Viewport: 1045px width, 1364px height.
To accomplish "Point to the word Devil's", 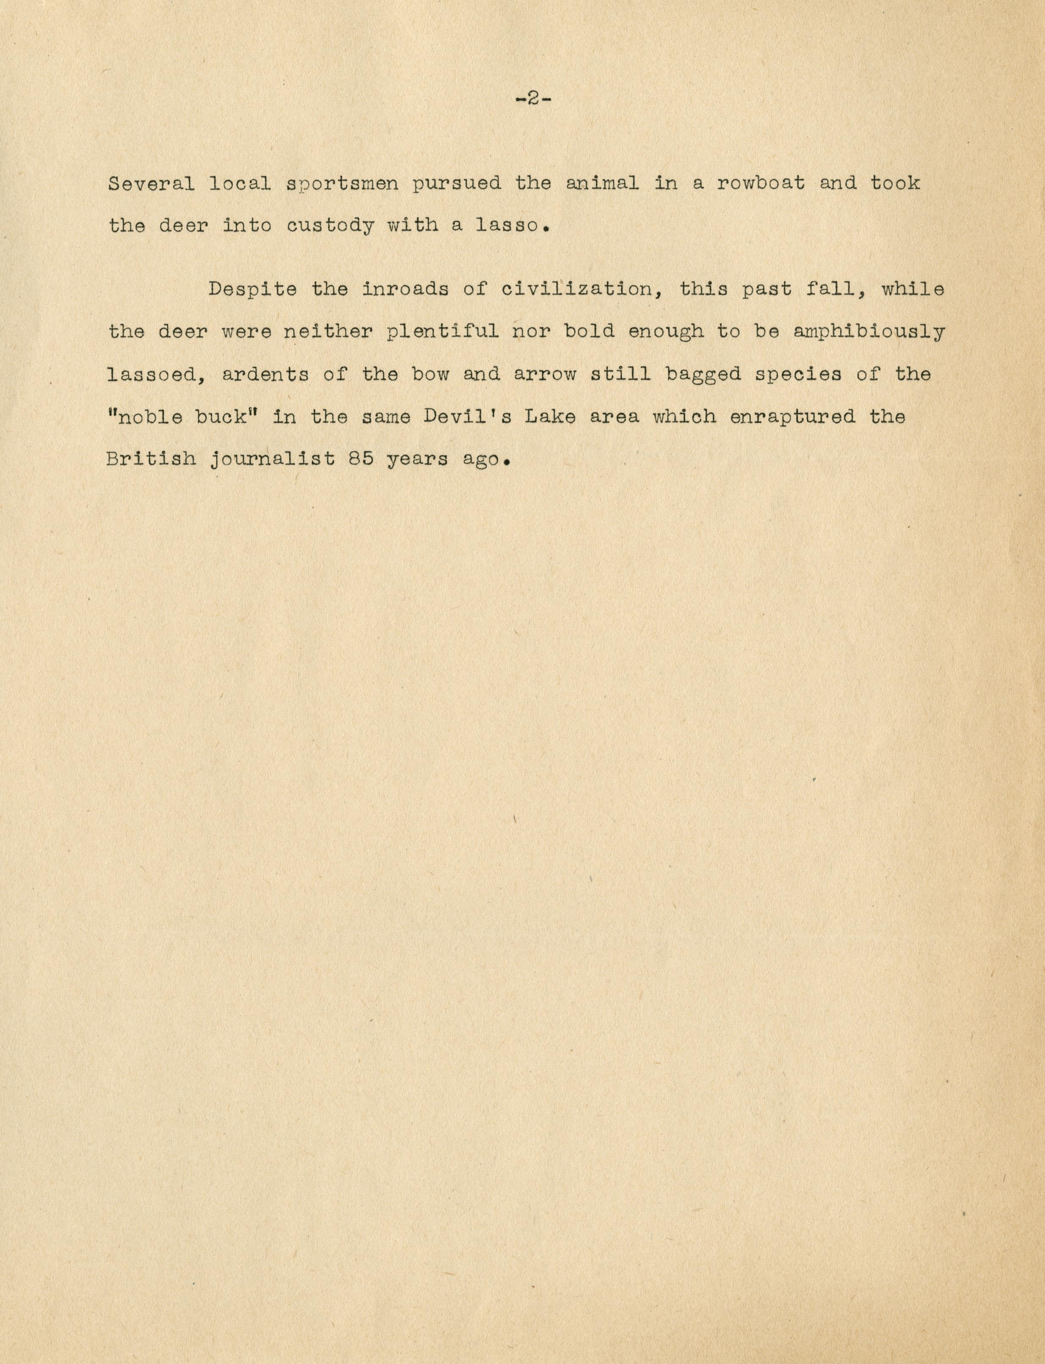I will coord(468,416).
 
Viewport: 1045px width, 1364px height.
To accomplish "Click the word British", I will coord(150,459).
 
